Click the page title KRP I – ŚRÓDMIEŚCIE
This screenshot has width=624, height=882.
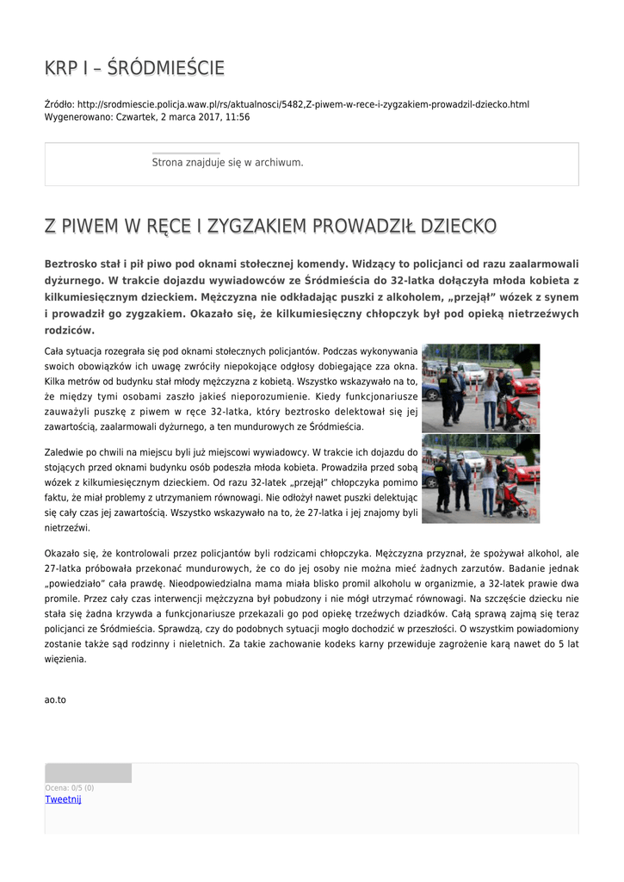click(x=134, y=68)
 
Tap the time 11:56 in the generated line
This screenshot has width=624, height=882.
click(x=238, y=116)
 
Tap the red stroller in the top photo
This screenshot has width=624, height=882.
click(x=516, y=413)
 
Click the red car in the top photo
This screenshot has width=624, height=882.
click(x=526, y=382)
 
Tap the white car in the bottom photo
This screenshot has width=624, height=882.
click(x=472, y=459)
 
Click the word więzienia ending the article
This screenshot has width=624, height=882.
click(x=65, y=659)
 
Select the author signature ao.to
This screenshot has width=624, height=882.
click(x=55, y=699)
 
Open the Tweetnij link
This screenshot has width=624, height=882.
click(x=63, y=799)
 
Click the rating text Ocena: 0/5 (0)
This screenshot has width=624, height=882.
click(x=70, y=787)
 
